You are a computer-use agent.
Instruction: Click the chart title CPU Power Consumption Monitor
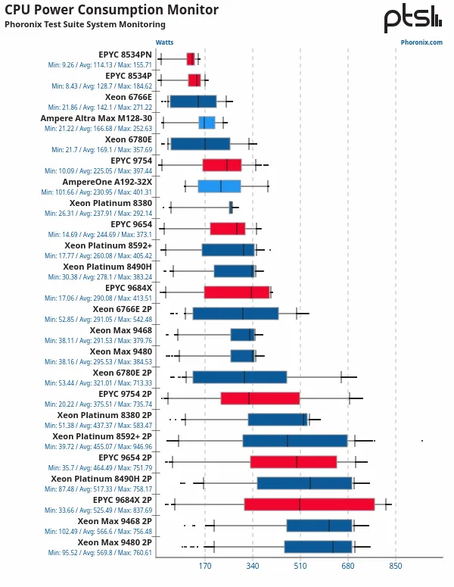[x=111, y=11]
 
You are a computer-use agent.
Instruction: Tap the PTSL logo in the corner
[x=412, y=19]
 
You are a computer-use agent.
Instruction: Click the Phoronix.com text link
[x=421, y=42]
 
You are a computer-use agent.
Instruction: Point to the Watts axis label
[x=164, y=42]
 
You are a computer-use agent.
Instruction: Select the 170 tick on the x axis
[x=204, y=566]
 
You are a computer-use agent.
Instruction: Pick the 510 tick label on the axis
[x=300, y=566]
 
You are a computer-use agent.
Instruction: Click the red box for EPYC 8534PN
[x=191, y=59]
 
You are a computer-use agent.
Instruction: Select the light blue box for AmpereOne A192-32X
[x=219, y=186]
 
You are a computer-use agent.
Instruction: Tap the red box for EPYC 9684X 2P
[x=309, y=504]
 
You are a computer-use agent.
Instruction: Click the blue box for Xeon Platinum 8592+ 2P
[x=295, y=441]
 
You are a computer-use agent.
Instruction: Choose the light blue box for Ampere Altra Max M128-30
[x=207, y=123]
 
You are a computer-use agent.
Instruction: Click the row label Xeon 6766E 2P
[x=122, y=309]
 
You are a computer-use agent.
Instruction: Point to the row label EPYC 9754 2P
[x=125, y=394]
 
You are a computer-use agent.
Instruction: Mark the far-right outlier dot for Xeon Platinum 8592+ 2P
[x=422, y=440]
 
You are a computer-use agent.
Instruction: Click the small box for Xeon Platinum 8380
[x=231, y=208]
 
